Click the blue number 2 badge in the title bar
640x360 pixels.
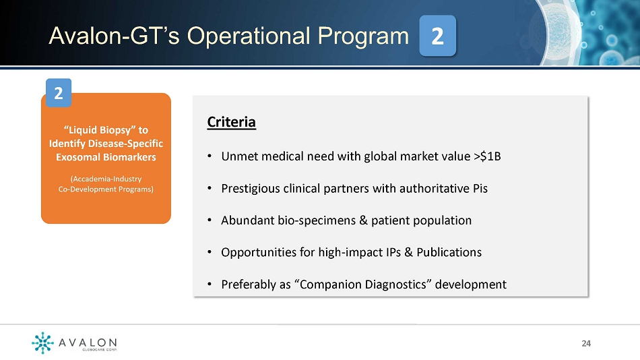click(437, 36)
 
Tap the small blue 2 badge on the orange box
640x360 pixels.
click(59, 93)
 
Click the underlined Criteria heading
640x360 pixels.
click(232, 122)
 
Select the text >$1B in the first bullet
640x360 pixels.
click(487, 156)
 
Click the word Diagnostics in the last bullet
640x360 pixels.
click(395, 284)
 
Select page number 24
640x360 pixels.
click(586, 343)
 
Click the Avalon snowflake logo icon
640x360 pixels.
click(42, 342)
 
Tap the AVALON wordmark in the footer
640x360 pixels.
click(88, 342)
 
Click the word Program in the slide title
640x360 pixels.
click(363, 36)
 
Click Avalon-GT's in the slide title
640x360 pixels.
click(114, 36)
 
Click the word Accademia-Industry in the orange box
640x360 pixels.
click(106, 179)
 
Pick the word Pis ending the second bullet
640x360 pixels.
click(480, 188)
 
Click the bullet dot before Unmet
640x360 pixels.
click(210, 156)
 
